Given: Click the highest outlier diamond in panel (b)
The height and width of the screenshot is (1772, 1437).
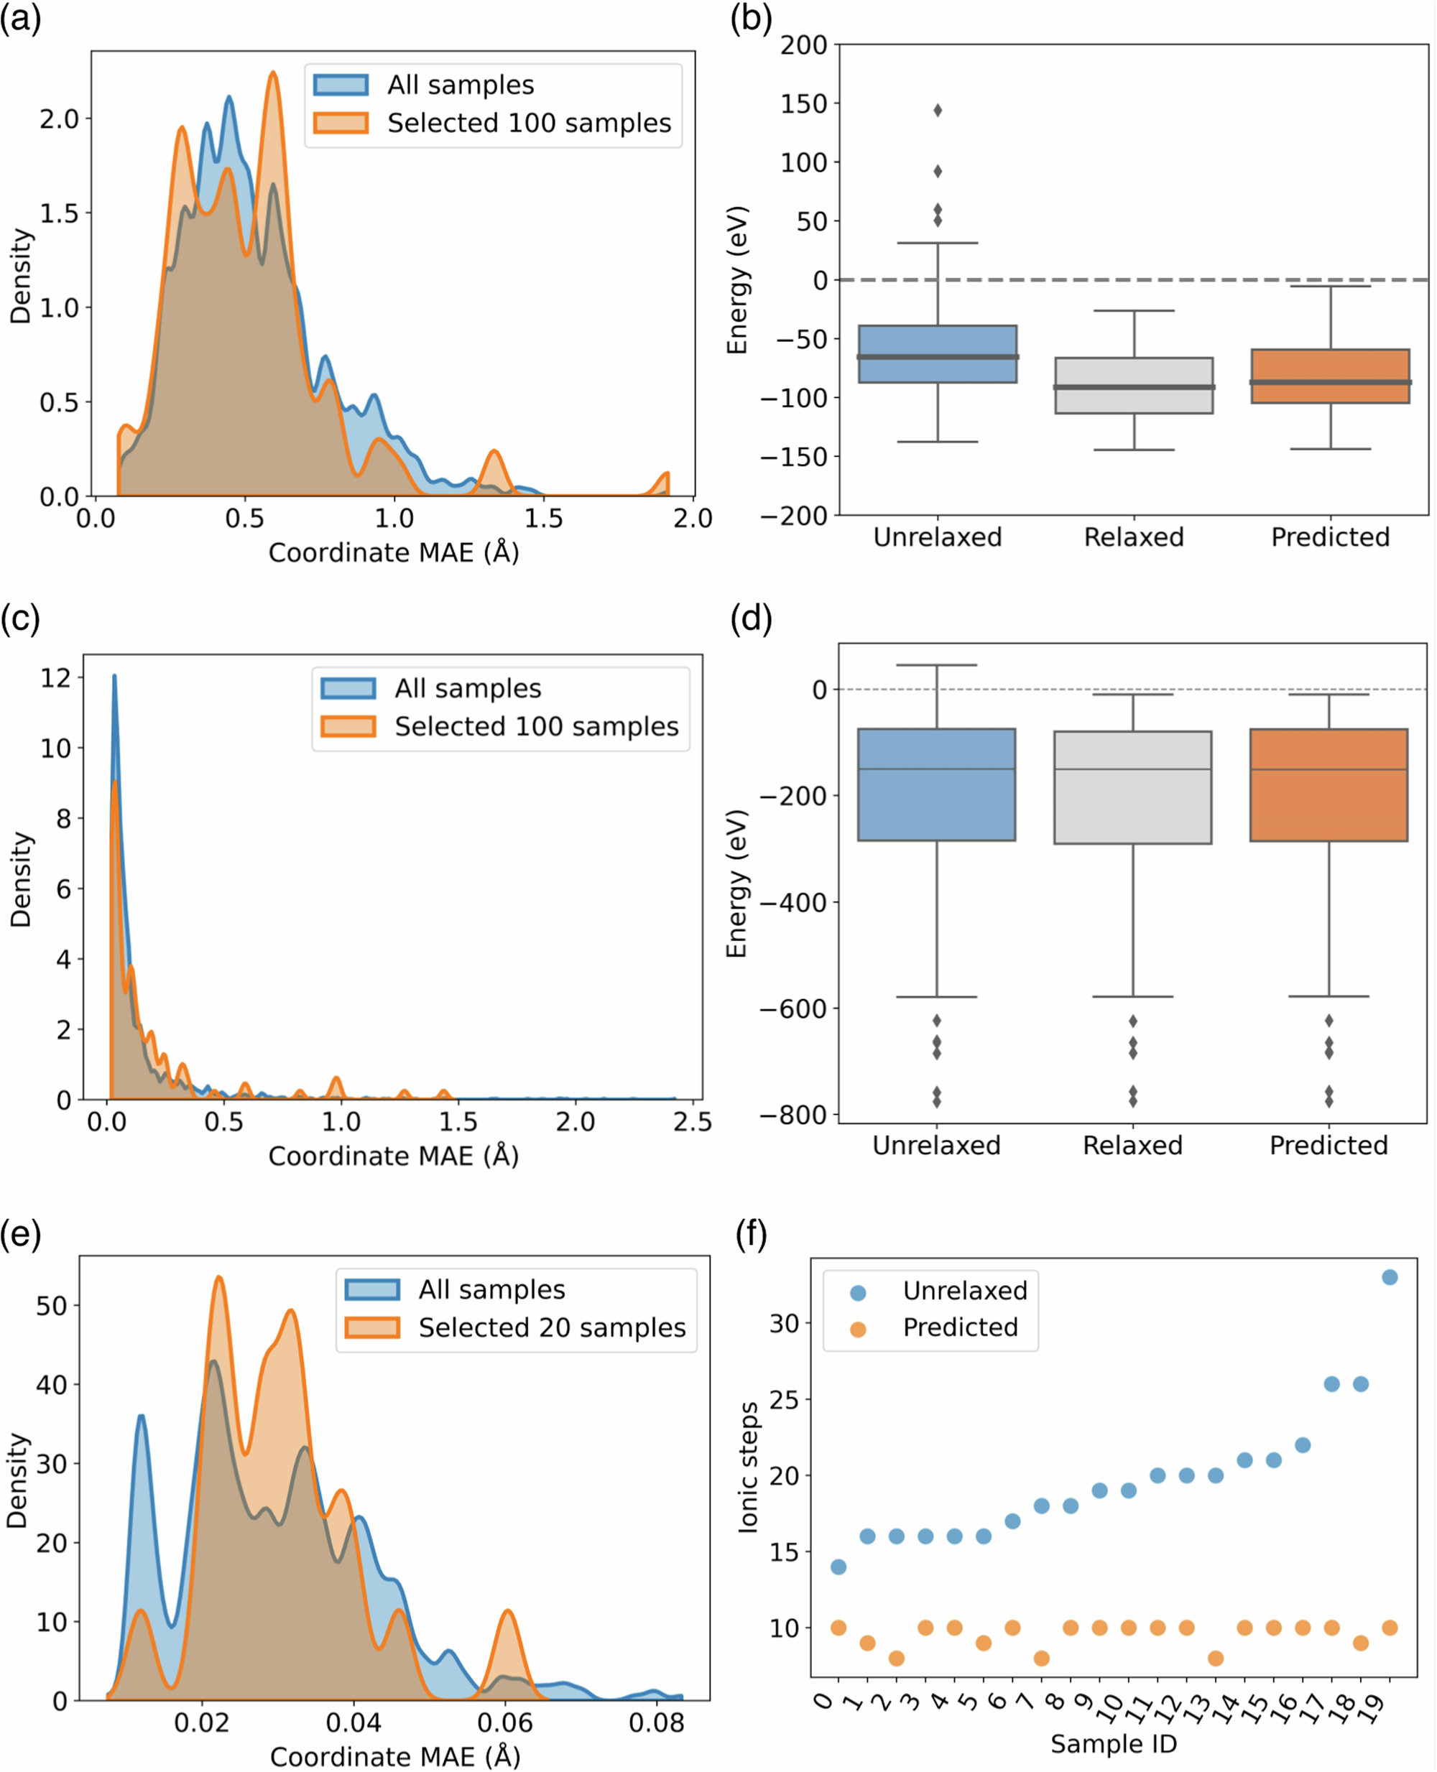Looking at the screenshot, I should tap(938, 110).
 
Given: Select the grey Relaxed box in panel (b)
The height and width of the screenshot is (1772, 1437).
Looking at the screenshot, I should tap(1134, 386).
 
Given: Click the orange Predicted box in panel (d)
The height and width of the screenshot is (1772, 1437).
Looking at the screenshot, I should tap(1329, 784).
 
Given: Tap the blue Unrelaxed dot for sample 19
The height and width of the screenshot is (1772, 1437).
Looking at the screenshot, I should tap(1390, 1277).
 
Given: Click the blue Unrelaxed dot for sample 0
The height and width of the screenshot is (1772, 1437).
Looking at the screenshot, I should tap(838, 1567).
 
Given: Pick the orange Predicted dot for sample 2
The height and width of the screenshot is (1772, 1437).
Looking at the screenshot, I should tap(897, 1659).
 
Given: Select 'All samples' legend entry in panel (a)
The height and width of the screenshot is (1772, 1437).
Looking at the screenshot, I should tap(461, 85).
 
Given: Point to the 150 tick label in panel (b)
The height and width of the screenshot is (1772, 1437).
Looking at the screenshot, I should tap(803, 104).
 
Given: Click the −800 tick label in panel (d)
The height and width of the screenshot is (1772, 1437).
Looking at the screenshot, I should tap(793, 1115).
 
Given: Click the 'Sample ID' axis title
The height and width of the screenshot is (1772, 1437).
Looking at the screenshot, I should tap(1114, 1744).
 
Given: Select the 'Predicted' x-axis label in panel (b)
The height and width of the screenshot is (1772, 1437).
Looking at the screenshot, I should tap(1330, 537).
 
